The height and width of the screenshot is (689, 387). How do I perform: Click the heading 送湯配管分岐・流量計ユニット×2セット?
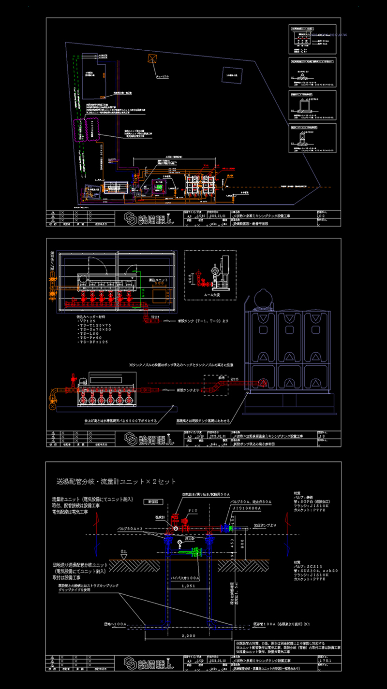[116, 482]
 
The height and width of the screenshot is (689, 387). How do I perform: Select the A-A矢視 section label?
[212, 294]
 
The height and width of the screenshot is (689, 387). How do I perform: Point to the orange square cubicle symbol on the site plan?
[152, 58]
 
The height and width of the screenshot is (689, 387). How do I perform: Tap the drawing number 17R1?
[325, 659]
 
